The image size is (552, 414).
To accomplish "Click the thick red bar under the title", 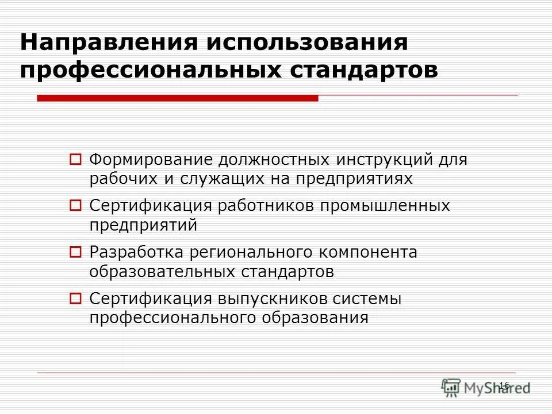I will click(x=177, y=98).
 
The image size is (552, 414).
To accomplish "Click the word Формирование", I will click(x=150, y=159).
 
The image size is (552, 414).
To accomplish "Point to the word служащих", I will click(x=225, y=179).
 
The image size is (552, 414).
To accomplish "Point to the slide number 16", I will click(x=504, y=385).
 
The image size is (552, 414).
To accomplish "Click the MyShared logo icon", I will click(x=451, y=387).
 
